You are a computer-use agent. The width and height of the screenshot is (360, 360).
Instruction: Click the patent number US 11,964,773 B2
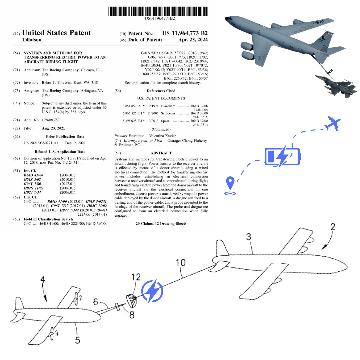pyautogui.click(x=185, y=33)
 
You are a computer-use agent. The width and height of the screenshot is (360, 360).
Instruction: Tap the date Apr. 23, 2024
pyautogui.click(x=193, y=40)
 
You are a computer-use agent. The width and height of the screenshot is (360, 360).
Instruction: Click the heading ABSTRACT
pyautogui.click(x=161, y=153)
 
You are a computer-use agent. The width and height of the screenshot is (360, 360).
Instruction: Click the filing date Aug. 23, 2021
pyautogui.click(x=53, y=128)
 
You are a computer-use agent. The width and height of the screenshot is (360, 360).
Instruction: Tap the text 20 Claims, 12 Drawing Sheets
pyautogui.click(x=161, y=224)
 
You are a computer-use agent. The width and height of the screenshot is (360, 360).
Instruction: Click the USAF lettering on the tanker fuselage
pyautogui.click(x=320, y=23)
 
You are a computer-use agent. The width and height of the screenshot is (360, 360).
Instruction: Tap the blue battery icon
pyautogui.click(x=282, y=156)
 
